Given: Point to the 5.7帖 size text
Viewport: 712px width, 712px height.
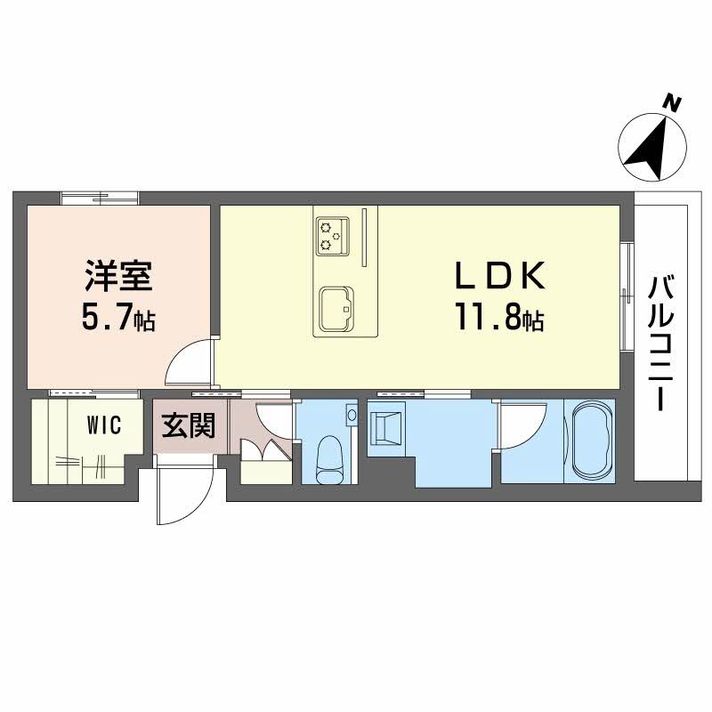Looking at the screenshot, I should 118,318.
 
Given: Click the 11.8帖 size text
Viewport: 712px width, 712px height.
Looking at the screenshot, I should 498,318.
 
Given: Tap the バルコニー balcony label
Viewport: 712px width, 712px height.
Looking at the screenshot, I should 659,343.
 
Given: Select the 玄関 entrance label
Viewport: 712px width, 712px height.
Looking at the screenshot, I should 188,425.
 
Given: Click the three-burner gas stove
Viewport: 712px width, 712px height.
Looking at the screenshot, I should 333,232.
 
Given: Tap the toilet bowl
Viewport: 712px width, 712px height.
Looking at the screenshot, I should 329,457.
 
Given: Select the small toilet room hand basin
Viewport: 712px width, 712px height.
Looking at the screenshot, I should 352,416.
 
